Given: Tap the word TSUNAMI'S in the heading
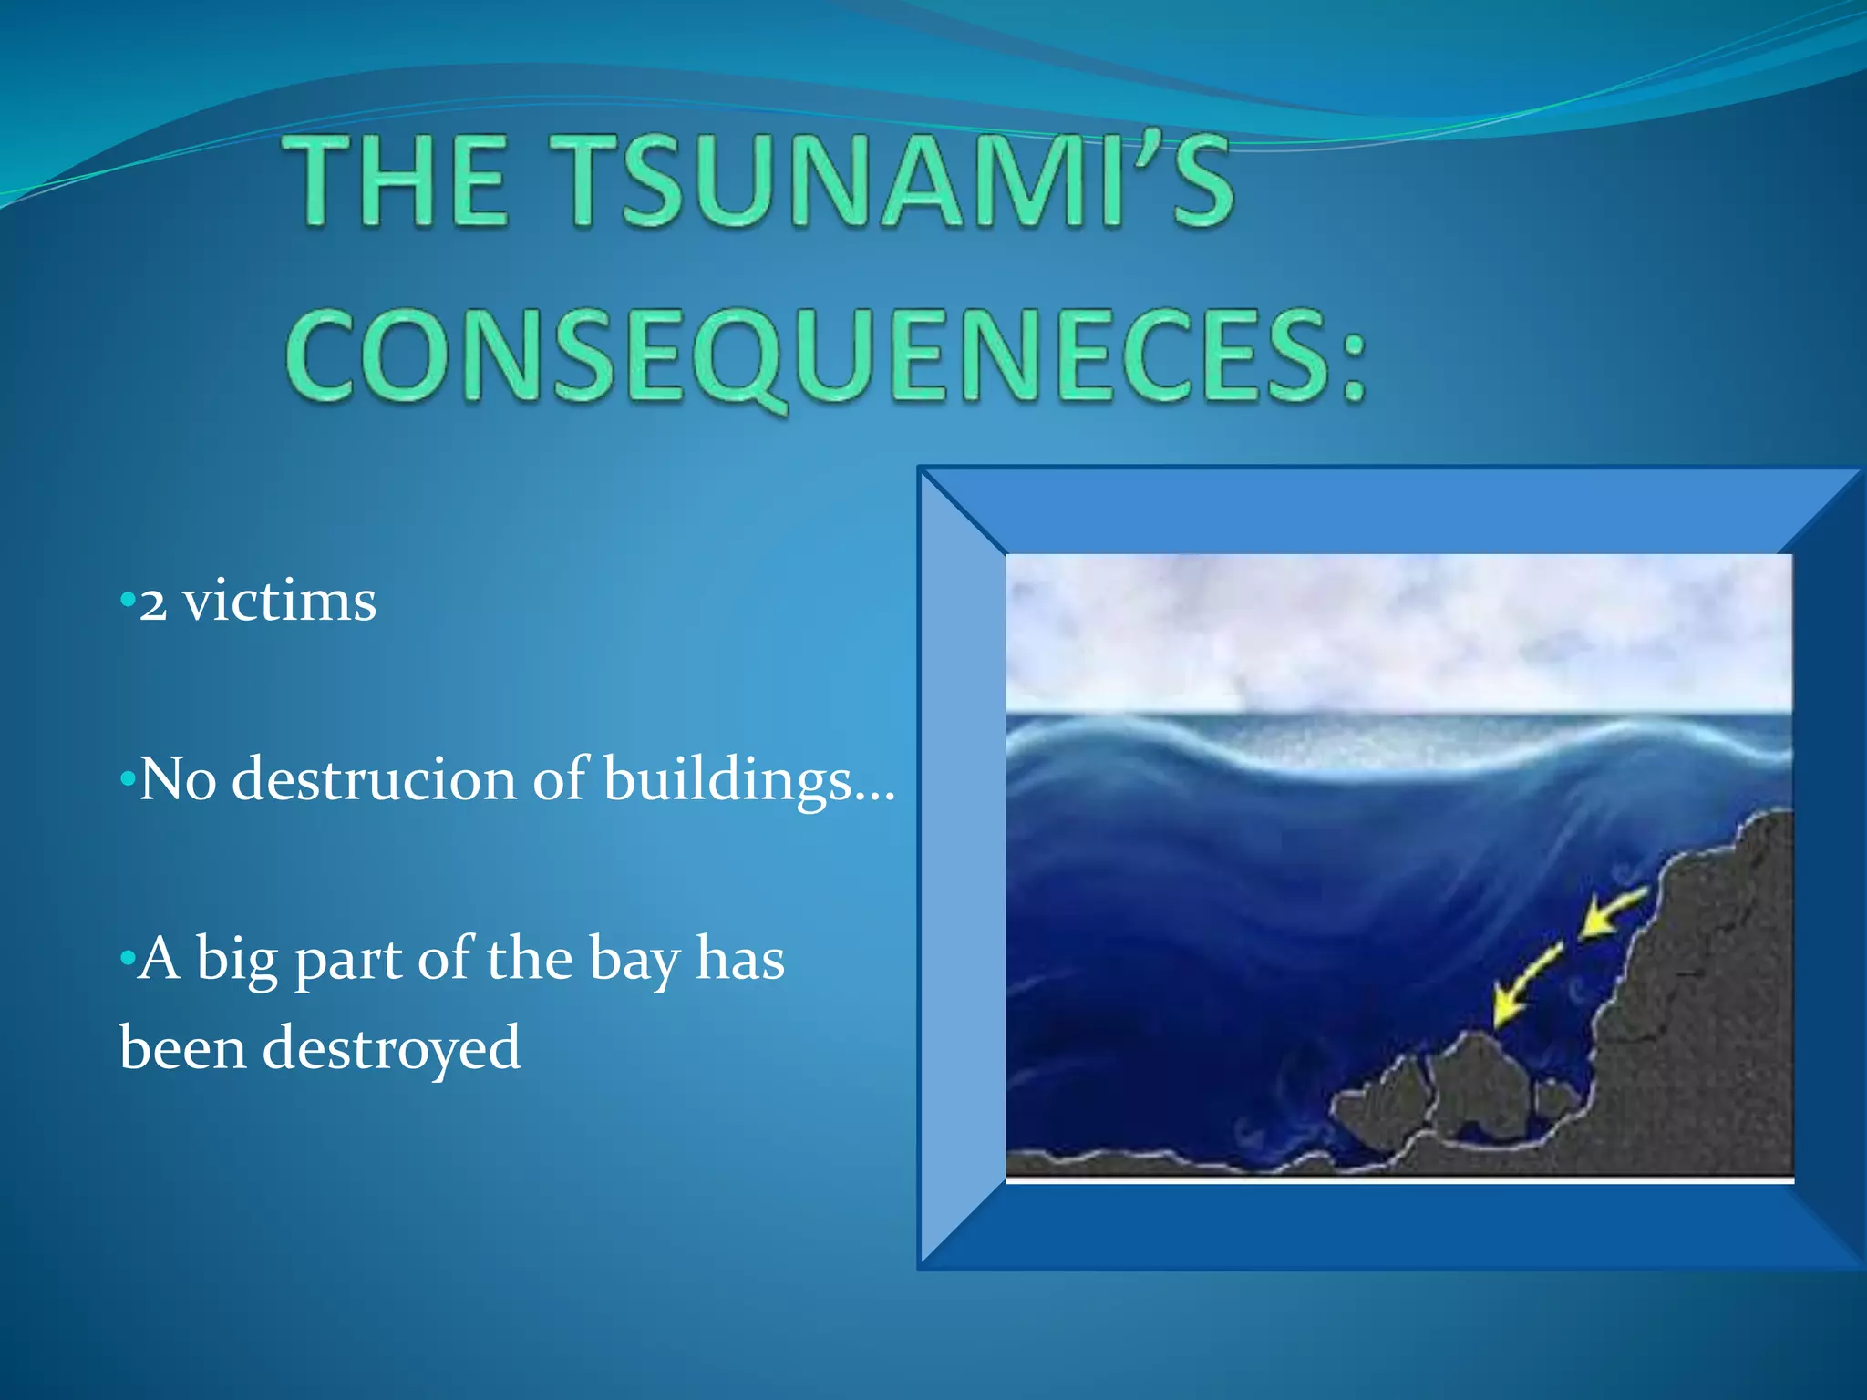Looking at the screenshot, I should coord(898,180).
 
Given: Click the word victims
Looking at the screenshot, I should coord(279,602).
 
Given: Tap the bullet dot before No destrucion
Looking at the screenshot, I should coord(127,780).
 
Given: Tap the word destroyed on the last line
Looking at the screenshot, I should coord(392,1048).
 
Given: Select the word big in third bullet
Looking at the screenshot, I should coord(236,961).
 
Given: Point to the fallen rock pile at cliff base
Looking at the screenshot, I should coord(1459,1094).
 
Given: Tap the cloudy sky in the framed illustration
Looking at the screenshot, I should coord(1395,629).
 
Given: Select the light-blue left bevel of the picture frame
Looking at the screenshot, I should coord(963,866).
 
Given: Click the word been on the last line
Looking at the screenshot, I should coord(182,1048).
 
